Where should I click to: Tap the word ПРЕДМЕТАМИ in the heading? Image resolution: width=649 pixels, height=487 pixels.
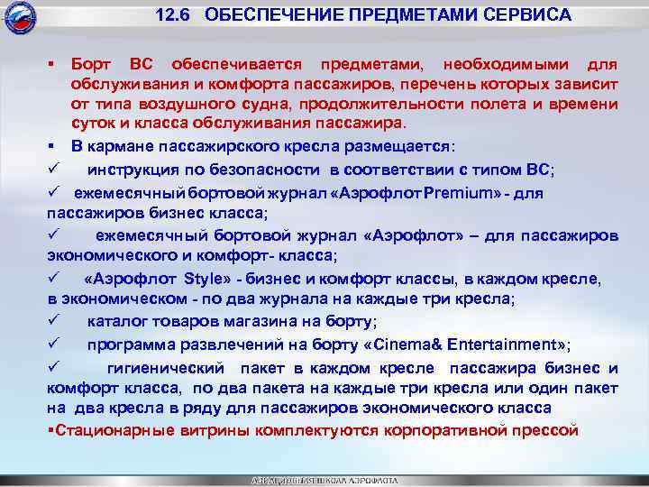(x=404, y=16)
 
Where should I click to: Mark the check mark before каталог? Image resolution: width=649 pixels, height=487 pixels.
(x=53, y=320)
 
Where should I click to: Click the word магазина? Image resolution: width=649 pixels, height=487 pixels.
(x=293, y=321)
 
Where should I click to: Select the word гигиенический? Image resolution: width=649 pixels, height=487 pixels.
(x=168, y=368)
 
